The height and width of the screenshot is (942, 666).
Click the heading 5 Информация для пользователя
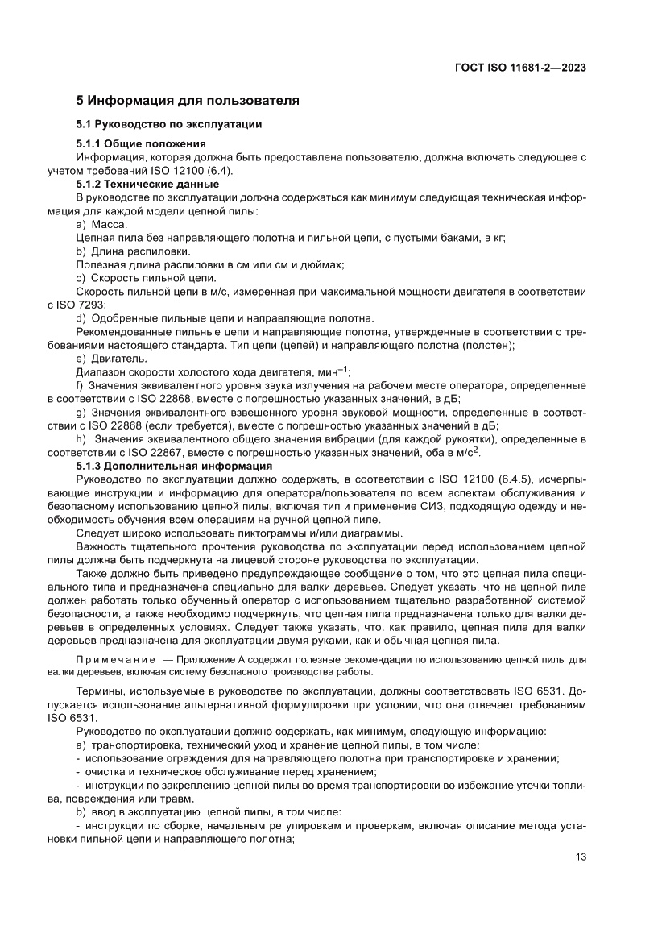[x=188, y=101]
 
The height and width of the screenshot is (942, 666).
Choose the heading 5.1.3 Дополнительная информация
[x=174, y=467]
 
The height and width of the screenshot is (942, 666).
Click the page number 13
[x=580, y=857]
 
